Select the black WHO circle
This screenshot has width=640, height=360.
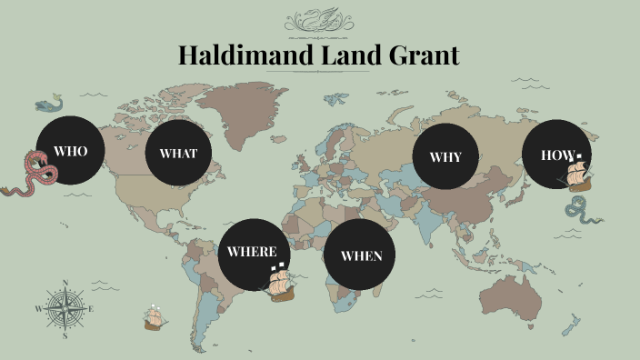[70, 151]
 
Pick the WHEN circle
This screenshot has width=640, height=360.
[361, 255]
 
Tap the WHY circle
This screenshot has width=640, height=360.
[445, 156]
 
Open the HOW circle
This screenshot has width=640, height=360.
[556, 154]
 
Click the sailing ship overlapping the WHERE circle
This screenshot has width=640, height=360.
[278, 283]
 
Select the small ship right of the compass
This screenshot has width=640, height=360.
[155, 317]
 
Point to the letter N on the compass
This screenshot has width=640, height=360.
[65, 282]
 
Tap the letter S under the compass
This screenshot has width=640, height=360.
[65, 335]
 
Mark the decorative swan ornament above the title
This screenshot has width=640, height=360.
[319, 20]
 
